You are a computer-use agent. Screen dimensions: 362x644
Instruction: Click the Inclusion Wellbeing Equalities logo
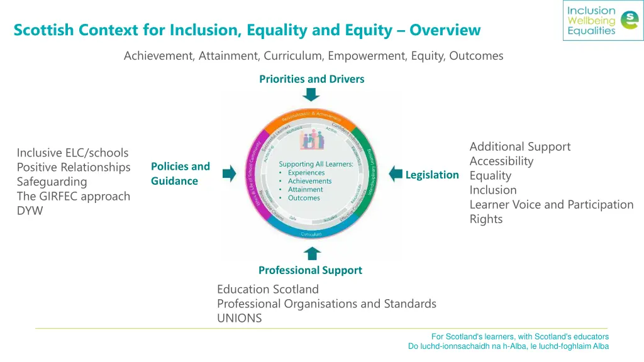[602, 21]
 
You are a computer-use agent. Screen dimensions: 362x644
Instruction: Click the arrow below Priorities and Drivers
[311, 95]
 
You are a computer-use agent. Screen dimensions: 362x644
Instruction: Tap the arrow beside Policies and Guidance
[229, 174]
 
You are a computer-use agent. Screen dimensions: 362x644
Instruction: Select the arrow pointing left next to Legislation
[395, 174]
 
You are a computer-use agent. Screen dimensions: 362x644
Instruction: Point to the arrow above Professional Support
[312, 253]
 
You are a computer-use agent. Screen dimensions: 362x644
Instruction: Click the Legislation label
[432, 175]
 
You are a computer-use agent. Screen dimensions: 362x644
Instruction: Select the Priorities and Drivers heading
[311, 79]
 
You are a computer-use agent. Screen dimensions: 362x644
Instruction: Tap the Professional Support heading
[310, 270]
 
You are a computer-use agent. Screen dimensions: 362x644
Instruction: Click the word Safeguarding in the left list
[52, 182]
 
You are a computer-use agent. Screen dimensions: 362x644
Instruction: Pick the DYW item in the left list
[30, 211]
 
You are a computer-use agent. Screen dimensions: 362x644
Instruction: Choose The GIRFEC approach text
[74, 196]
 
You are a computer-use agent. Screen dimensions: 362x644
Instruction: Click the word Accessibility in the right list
[501, 161]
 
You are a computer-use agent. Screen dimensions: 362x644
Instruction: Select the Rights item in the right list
[486, 219]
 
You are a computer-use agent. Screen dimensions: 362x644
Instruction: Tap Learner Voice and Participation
[552, 204]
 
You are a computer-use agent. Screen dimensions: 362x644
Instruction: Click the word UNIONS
[240, 318]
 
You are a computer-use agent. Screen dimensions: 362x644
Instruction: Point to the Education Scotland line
[268, 289]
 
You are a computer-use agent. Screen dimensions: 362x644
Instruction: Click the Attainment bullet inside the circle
[306, 189]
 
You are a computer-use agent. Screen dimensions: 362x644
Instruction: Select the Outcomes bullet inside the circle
[304, 198]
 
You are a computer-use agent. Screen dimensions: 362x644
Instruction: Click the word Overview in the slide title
[445, 30]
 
